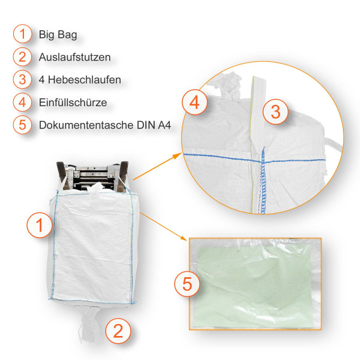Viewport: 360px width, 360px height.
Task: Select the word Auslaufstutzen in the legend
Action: [x=74, y=57]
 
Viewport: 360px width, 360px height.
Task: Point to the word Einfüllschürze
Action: [x=73, y=103]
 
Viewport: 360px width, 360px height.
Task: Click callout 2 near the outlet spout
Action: [x=118, y=329]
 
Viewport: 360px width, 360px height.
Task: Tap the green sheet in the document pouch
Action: [x=258, y=282]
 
